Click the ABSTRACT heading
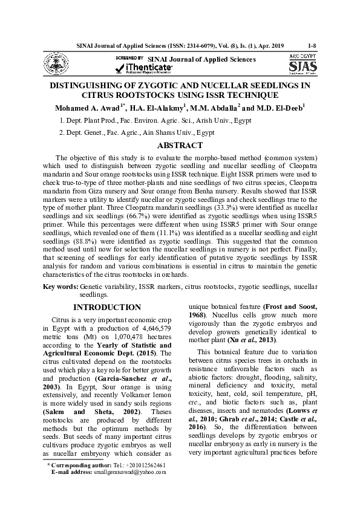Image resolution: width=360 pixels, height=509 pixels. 180,146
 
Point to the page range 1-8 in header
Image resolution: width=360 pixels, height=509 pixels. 312,45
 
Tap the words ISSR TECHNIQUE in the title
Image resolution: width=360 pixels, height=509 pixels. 242,96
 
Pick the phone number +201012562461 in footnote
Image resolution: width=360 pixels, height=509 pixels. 140,465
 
